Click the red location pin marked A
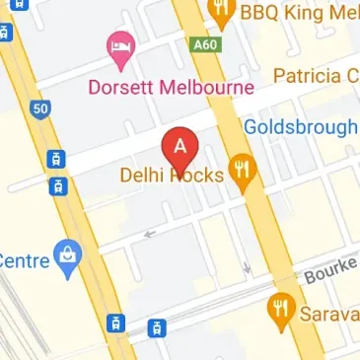click(x=180, y=148)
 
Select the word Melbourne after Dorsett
click(x=209, y=87)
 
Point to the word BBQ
click(x=267, y=12)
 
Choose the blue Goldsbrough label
click(x=300, y=127)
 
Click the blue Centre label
click(x=22, y=260)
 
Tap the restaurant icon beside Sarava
click(x=281, y=311)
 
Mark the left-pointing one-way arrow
click(x=150, y=234)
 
